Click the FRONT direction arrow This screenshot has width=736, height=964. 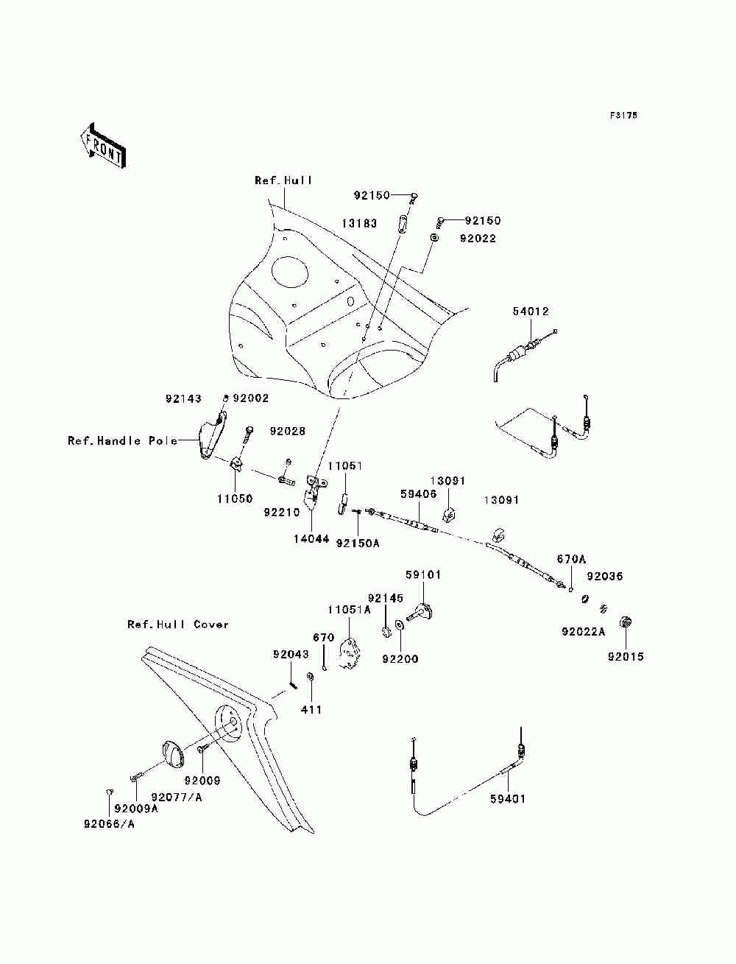pos(102,147)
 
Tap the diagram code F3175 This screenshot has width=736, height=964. pos(623,116)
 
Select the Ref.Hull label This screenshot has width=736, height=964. pos(283,180)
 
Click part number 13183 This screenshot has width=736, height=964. pos(359,223)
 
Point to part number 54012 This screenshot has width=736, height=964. pos(531,312)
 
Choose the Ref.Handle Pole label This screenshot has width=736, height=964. pos(122,441)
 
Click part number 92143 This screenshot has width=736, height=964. pos(183,398)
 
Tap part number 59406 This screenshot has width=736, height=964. pos(419,495)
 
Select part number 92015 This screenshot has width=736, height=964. pos(626,656)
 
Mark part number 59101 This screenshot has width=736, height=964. pos(423,575)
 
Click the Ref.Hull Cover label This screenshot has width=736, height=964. pos(178,625)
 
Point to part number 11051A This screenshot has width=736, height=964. pos(349,610)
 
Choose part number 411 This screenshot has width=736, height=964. pos(311,710)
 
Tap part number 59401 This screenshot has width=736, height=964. pos(509,798)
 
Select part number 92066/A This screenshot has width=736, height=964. pos(109,825)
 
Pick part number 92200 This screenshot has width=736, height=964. pos(400,659)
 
